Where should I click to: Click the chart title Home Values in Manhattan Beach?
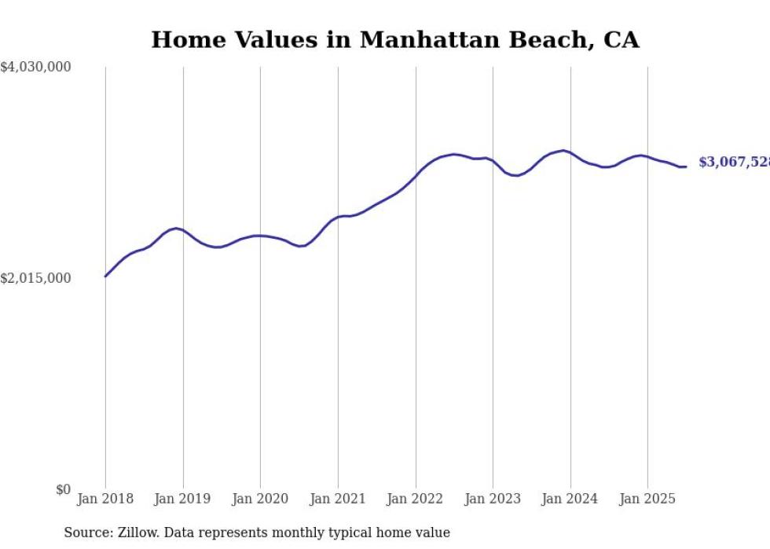[394, 40]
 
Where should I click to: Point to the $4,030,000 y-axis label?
[35, 68]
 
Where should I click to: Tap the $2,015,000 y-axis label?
[35, 279]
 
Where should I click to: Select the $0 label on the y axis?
[63, 490]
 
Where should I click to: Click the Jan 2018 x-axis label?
[105, 500]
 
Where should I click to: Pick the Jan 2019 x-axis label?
[183, 500]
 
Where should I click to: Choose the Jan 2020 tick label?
[260, 500]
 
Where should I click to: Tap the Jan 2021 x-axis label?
[338, 500]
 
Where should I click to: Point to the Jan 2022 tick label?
[416, 500]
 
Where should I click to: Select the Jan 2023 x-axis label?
[493, 500]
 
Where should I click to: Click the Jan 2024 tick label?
[570, 500]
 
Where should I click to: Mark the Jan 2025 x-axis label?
[647, 500]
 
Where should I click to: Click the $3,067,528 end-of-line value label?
[734, 163]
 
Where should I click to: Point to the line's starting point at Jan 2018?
[105, 276]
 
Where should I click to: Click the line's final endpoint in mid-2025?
[686, 167]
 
